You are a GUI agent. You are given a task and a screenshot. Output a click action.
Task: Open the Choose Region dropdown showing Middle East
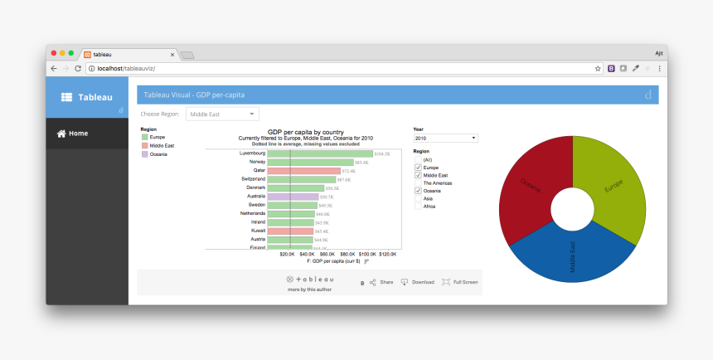click(x=223, y=114)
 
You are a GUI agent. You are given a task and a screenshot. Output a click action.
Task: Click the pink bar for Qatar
click(x=303, y=171)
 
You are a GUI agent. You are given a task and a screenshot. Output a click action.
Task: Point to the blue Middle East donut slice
click(x=572, y=254)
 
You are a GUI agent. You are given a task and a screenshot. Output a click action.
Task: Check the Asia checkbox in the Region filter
click(x=418, y=199)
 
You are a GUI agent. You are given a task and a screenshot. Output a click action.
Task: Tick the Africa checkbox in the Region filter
click(x=418, y=207)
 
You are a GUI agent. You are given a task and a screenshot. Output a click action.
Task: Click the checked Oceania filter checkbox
click(x=418, y=191)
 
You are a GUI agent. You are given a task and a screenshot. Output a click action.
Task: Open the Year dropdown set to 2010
click(x=445, y=138)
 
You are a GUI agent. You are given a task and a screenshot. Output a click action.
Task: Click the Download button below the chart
click(x=417, y=282)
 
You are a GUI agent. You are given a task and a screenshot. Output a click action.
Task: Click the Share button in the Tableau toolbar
click(x=381, y=282)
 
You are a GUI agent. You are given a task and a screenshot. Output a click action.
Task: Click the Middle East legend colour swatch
click(x=144, y=145)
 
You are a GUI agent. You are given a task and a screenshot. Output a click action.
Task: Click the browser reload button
click(x=78, y=69)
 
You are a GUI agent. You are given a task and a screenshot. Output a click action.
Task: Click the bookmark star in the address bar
click(x=598, y=69)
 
